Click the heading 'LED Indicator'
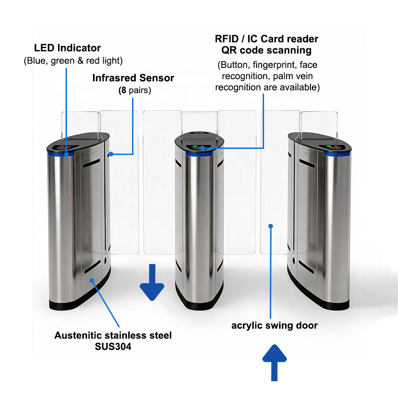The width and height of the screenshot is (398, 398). [67, 48]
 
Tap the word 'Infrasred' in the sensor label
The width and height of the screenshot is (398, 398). [114, 78]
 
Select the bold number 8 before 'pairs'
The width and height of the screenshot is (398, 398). [123, 90]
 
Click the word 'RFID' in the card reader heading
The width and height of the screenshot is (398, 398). [227, 39]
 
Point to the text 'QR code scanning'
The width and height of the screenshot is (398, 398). [266, 50]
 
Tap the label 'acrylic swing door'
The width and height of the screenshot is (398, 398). [274, 325]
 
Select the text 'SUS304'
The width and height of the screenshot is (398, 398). [113, 346]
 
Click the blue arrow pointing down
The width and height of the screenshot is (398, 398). [152, 282]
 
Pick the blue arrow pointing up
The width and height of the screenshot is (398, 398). [274, 362]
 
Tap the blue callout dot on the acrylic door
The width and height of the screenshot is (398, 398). [271, 226]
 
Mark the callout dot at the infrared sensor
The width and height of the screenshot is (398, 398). [111, 154]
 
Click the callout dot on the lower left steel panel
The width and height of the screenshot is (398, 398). [92, 280]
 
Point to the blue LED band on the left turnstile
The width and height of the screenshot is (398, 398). [61, 154]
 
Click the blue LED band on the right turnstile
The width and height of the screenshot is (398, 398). [337, 154]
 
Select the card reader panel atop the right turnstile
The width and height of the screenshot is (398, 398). [334, 147]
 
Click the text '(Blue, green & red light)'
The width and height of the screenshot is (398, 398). [73, 61]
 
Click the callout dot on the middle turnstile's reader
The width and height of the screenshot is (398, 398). [203, 148]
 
